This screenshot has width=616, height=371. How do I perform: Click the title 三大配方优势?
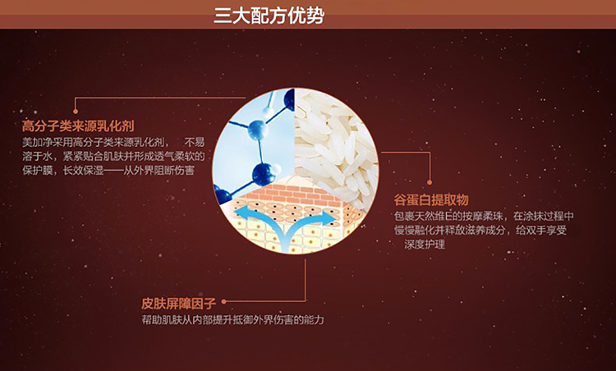coord(269,16)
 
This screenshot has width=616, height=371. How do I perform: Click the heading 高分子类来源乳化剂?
coord(78,126)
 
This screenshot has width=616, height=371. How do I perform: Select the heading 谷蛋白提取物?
coord(431,199)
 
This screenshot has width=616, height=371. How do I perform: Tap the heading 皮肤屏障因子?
coord(179,304)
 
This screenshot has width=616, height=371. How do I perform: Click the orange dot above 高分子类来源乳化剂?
coord(76,112)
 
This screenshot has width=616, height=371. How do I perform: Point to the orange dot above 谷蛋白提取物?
coord(430,182)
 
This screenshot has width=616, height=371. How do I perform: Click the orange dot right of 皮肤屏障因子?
coord(224,301)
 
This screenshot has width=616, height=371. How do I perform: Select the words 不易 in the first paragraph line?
coord(195,142)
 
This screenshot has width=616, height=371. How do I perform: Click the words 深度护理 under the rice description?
coord(425,245)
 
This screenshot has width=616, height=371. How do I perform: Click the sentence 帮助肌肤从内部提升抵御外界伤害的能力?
coord(233,320)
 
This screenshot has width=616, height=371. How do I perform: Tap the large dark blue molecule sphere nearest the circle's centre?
coord(264,174)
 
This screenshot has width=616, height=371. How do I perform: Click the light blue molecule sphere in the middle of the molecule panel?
coord(258,130)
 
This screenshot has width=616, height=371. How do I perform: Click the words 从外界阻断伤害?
coord(159,171)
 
